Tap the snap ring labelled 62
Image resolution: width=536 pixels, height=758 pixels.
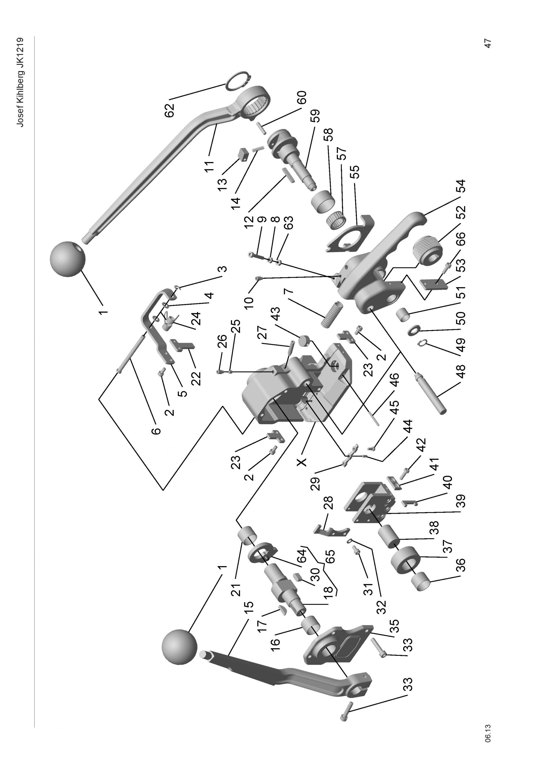click(x=237, y=80)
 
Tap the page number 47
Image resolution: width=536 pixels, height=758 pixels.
click(x=487, y=43)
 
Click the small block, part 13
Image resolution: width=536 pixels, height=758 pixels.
click(x=244, y=155)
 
